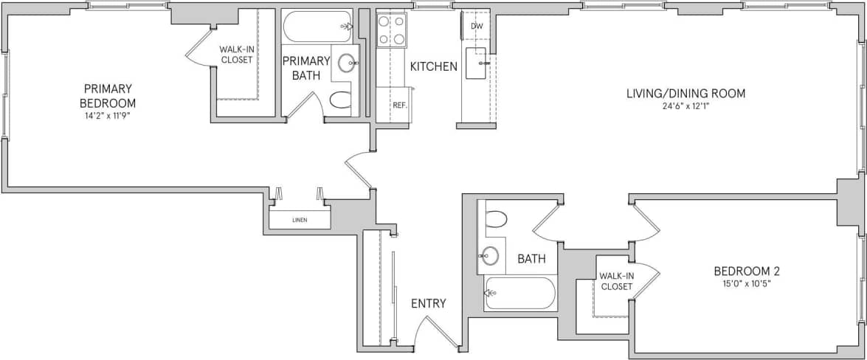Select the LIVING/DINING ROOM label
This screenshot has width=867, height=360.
coord(685,94)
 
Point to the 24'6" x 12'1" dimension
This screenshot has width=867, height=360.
coord(685,105)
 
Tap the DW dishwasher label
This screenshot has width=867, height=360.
coord(477,27)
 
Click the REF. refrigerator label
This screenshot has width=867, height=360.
coord(400,105)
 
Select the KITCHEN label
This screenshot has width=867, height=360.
coord(434,66)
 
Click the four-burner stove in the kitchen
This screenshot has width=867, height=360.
coord(392,30)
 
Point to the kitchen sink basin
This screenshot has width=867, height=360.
coord(477,60)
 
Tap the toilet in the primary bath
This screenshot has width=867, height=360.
coord(340,100)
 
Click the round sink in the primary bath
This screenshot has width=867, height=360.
coord(346,63)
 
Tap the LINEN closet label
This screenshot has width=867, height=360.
coord(299,220)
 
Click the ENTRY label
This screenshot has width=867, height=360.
coord(428,303)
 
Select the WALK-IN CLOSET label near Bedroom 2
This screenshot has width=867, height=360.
coord(616,281)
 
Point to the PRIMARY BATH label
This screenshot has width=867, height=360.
coord(305,68)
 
